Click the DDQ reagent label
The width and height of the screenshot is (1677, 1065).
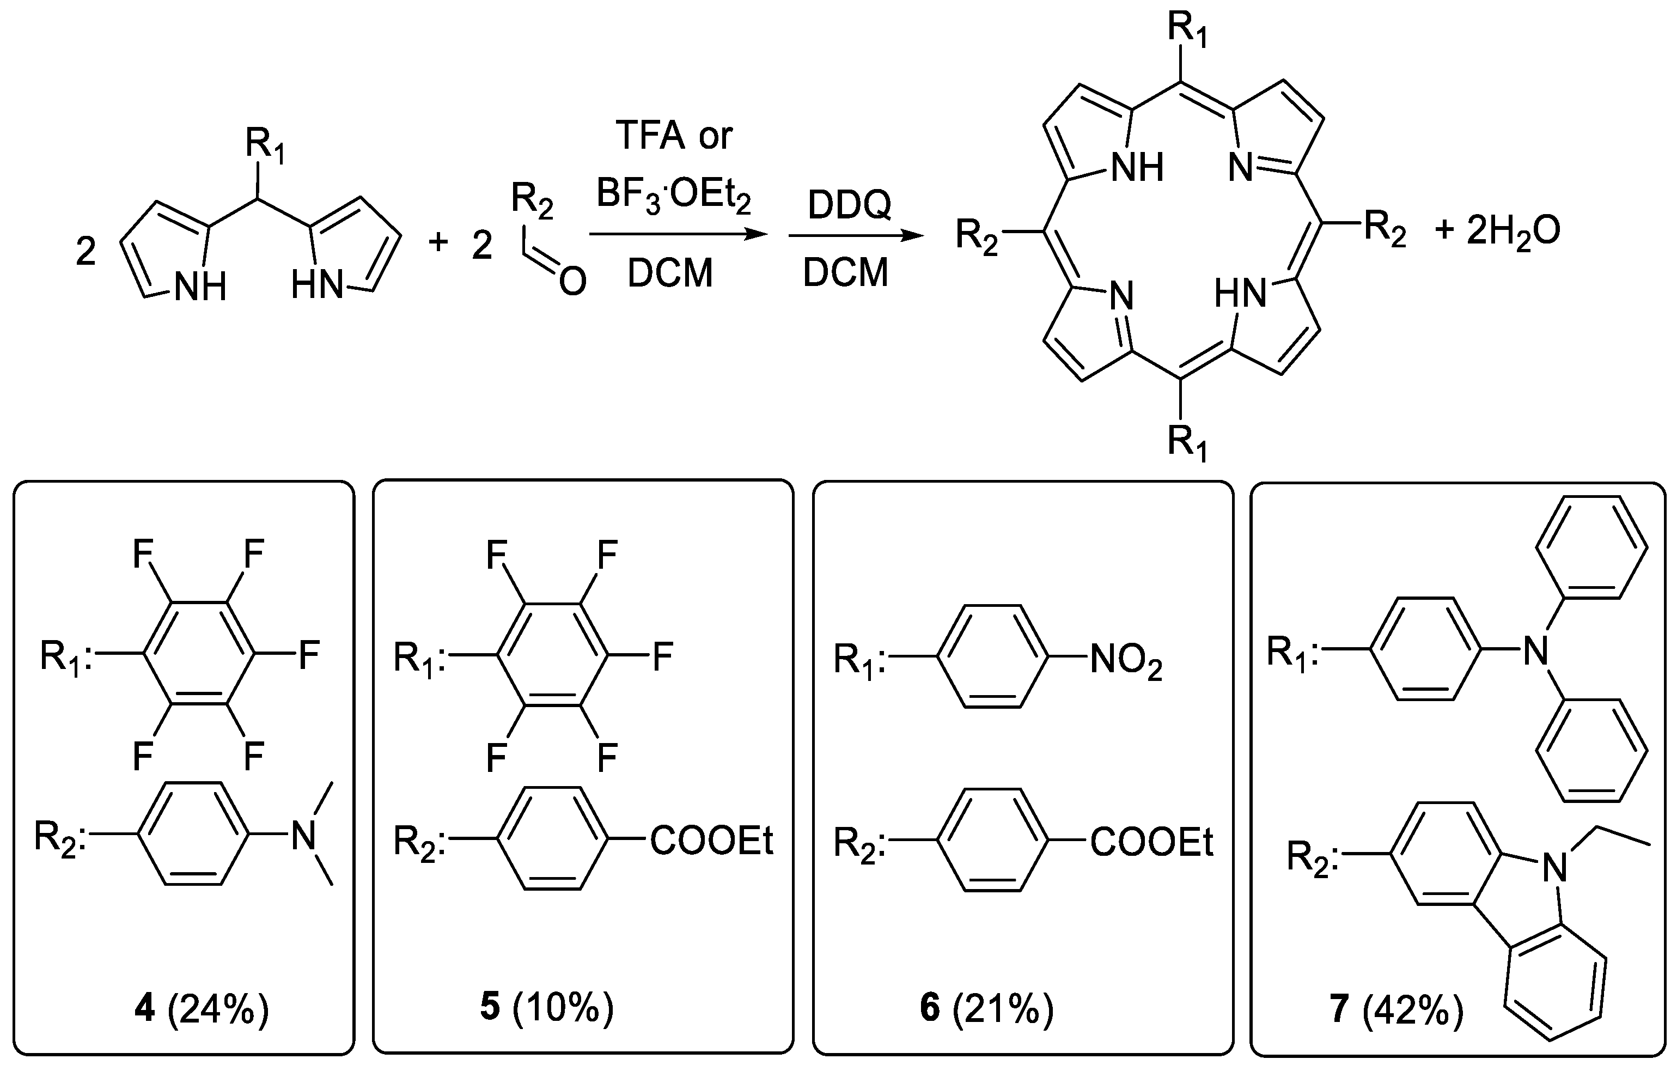pyautogui.click(x=849, y=205)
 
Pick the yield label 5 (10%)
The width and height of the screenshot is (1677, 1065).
pyautogui.click(x=547, y=1008)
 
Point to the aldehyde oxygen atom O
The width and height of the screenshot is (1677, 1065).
pyautogui.click(x=572, y=282)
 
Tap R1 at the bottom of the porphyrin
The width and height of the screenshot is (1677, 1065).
pyautogui.click(x=1187, y=442)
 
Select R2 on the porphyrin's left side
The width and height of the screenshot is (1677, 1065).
pyautogui.click(x=977, y=235)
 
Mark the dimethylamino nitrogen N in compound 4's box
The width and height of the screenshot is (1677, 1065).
pyautogui.click(x=303, y=835)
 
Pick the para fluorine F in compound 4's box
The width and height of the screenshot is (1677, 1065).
pyautogui.click(x=308, y=655)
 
